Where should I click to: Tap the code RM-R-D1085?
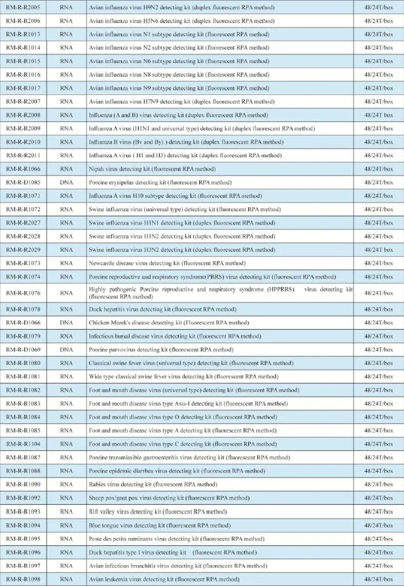coord(23,182)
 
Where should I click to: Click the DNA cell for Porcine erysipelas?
coord(66,182)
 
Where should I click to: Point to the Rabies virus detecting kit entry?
coord(153,484)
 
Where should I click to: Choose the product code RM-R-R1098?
coord(23,579)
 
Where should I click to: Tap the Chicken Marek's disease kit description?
coord(169,322)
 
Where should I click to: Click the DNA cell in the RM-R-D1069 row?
coord(66,349)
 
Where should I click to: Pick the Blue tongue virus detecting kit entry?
coord(160,525)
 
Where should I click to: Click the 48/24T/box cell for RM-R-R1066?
coord(379,168)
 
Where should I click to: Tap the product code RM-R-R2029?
coord(23,250)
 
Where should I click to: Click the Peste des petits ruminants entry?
coord(176,539)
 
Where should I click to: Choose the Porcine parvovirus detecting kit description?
coord(161,349)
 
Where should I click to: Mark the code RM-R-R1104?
coord(23,444)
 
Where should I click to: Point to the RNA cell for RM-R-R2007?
coord(66,102)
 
